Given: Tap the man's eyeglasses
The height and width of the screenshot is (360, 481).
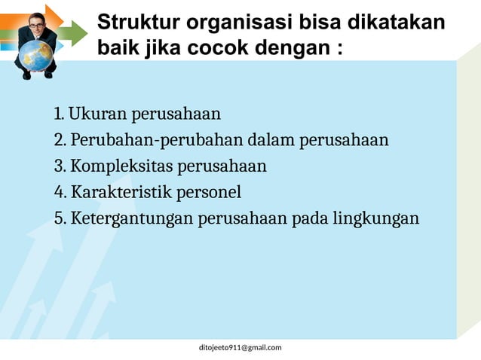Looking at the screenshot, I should click(36, 26).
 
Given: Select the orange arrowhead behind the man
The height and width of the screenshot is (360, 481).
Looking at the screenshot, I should click(54, 17).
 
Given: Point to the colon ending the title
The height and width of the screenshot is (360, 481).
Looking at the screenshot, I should click(340, 50).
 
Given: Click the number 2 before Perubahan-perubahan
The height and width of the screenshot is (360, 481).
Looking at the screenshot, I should click(59, 141).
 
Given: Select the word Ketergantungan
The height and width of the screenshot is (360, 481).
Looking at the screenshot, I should click(132, 219).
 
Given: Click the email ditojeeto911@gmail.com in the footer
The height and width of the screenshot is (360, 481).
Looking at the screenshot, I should click(240, 347).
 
